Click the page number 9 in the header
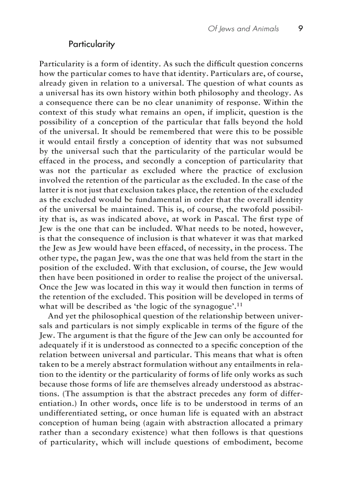click(300, 29)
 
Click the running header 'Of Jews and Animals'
click(243, 29)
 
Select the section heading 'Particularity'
click(91, 44)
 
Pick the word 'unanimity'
click(171, 112)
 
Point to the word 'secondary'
click(107, 432)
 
